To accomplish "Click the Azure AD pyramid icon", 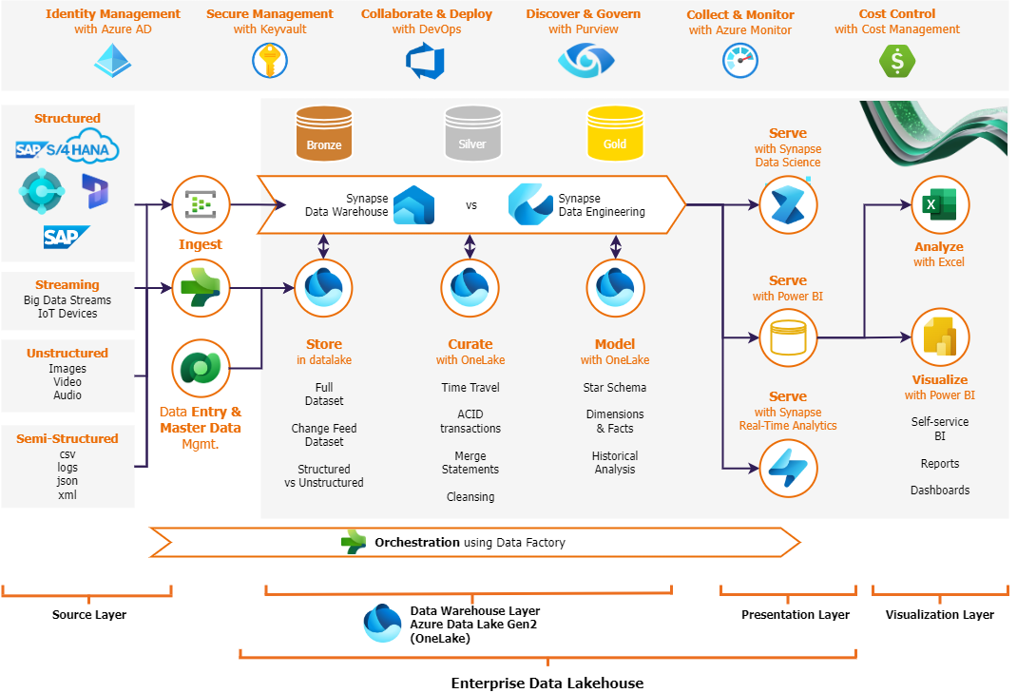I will point(113,60).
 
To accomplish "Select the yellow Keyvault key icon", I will point(269,60).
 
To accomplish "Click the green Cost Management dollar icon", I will point(896,61).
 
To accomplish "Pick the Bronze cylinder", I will point(324,132).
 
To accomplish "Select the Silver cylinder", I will point(472,132).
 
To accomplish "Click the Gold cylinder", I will point(615,132).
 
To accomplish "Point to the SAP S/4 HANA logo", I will point(67,149).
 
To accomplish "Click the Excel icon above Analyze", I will point(939,205).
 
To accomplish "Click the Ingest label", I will point(201,244).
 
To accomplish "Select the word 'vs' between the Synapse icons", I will point(471,205).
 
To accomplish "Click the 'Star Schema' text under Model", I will point(614,388).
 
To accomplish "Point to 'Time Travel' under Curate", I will point(470,388).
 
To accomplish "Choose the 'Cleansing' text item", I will point(470,497).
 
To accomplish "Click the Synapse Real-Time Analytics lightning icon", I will point(788,468).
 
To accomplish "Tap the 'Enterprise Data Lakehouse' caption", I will point(547,683).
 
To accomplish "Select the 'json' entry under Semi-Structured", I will point(67,481).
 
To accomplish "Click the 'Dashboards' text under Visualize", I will point(939,491).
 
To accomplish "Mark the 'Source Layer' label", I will point(88,615).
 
